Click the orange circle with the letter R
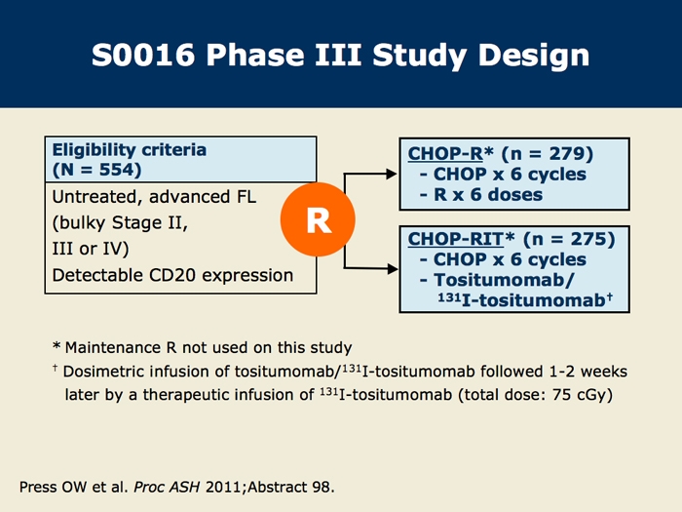[x=318, y=219]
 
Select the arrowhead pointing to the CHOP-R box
[x=392, y=175]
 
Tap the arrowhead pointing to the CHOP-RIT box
[x=393, y=268]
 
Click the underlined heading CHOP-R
[x=445, y=154]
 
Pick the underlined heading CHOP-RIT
[x=455, y=239]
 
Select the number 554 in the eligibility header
[x=117, y=170]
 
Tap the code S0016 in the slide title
[x=143, y=56]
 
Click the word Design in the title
[x=534, y=57]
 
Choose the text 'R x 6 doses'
[x=488, y=195]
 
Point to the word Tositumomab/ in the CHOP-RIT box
[x=504, y=280]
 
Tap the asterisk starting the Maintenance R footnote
[x=57, y=346]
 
